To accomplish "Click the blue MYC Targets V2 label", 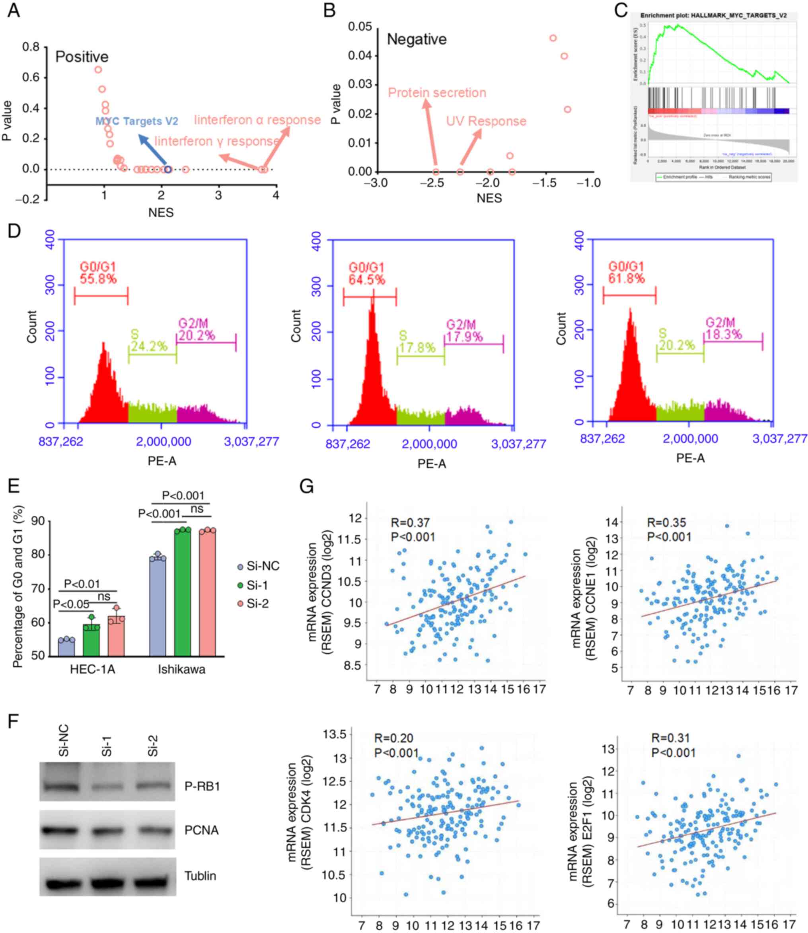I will tap(136, 121).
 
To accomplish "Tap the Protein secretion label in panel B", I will tap(437, 93).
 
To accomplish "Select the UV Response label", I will tap(486, 121).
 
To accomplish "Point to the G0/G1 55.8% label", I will tap(98, 273).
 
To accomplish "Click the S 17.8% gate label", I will tap(417, 342).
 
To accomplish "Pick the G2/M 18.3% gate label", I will tap(723, 328).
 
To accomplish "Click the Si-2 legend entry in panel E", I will tap(253, 603).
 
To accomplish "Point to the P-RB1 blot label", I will tap(202, 787).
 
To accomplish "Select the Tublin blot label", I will tap(200, 876).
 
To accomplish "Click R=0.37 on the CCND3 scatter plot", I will tap(410, 523).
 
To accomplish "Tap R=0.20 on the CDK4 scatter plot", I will tap(393, 738).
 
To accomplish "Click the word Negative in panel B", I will tap(417, 40).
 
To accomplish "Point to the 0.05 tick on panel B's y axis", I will tap(360, 27).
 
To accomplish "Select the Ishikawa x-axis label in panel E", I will tap(181, 669).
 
